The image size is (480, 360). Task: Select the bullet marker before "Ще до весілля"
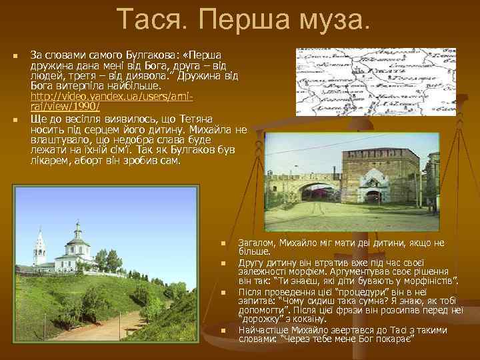tap(15, 121)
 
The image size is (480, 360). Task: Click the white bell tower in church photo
tap(40, 247)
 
